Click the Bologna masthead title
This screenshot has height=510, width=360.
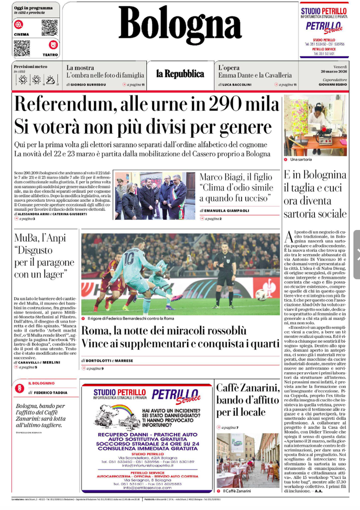point(180,26)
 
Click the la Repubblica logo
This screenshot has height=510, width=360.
point(179,74)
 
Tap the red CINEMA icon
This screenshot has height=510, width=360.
point(19,24)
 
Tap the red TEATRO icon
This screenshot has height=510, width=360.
point(53,45)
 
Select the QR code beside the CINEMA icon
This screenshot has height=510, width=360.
point(49,27)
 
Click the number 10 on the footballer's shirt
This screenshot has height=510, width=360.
point(128,259)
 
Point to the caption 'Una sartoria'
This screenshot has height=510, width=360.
point(301,159)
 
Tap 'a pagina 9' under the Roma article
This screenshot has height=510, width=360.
point(95,368)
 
